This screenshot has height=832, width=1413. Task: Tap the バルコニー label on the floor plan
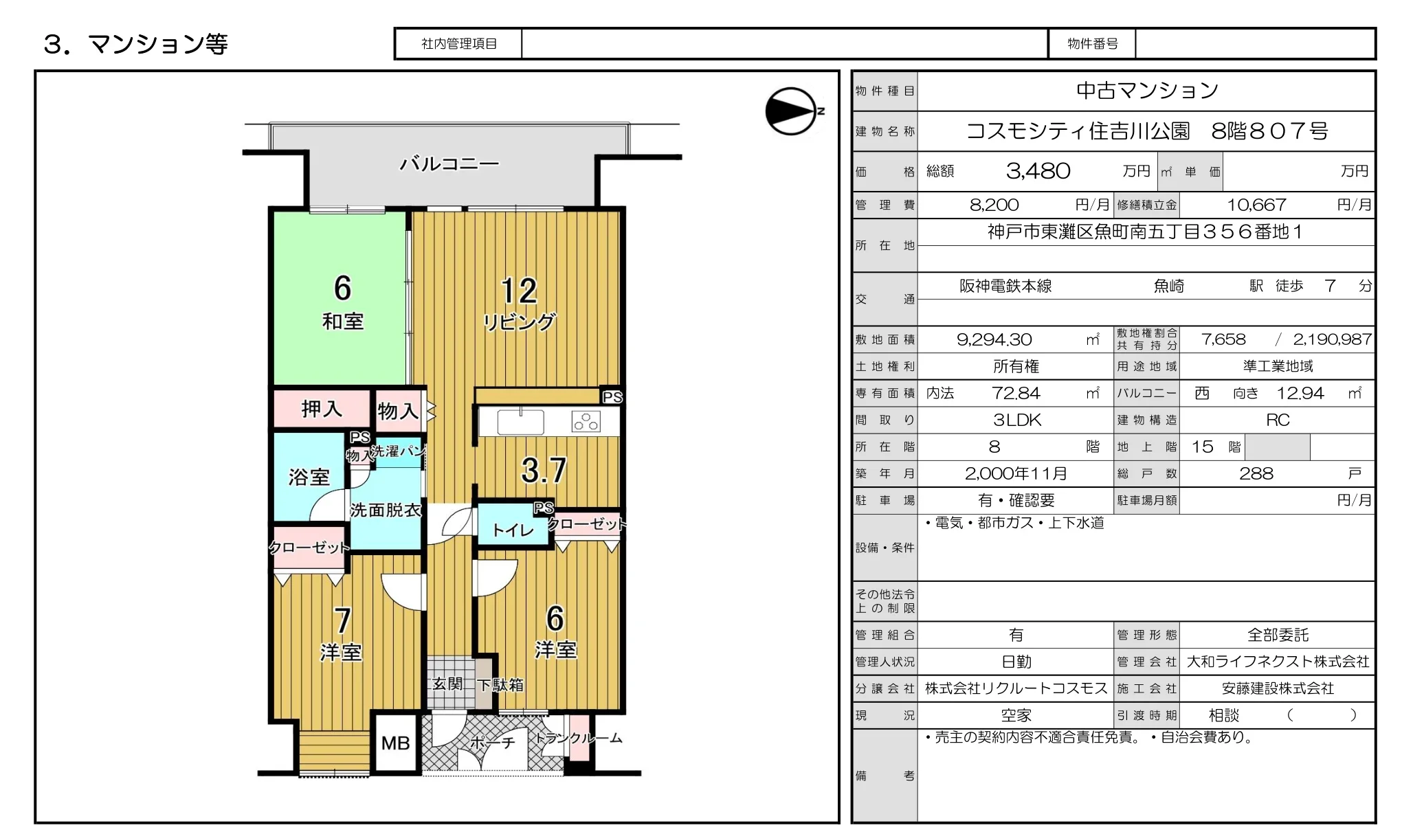(x=449, y=164)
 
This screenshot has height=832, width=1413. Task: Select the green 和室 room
(x=341, y=297)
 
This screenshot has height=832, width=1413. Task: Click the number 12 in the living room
(x=519, y=291)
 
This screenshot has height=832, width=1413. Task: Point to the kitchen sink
(x=520, y=422)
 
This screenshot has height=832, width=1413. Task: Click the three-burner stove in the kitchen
(x=586, y=421)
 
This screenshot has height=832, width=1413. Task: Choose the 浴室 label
(x=309, y=477)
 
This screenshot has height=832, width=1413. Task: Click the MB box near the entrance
(x=396, y=743)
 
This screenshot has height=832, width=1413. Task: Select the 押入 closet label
(x=321, y=409)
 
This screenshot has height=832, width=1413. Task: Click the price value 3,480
(x=1038, y=171)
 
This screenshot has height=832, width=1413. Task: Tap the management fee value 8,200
(x=994, y=205)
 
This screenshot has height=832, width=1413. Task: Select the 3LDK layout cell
(x=1016, y=420)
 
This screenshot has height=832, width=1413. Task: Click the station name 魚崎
(x=1168, y=286)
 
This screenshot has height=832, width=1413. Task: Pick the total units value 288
(x=1256, y=473)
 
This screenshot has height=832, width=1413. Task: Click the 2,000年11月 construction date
(x=1016, y=473)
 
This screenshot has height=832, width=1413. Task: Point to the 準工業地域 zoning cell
(x=1278, y=366)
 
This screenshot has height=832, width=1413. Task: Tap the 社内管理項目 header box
(x=458, y=44)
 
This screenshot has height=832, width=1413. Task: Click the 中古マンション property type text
(x=1146, y=90)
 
